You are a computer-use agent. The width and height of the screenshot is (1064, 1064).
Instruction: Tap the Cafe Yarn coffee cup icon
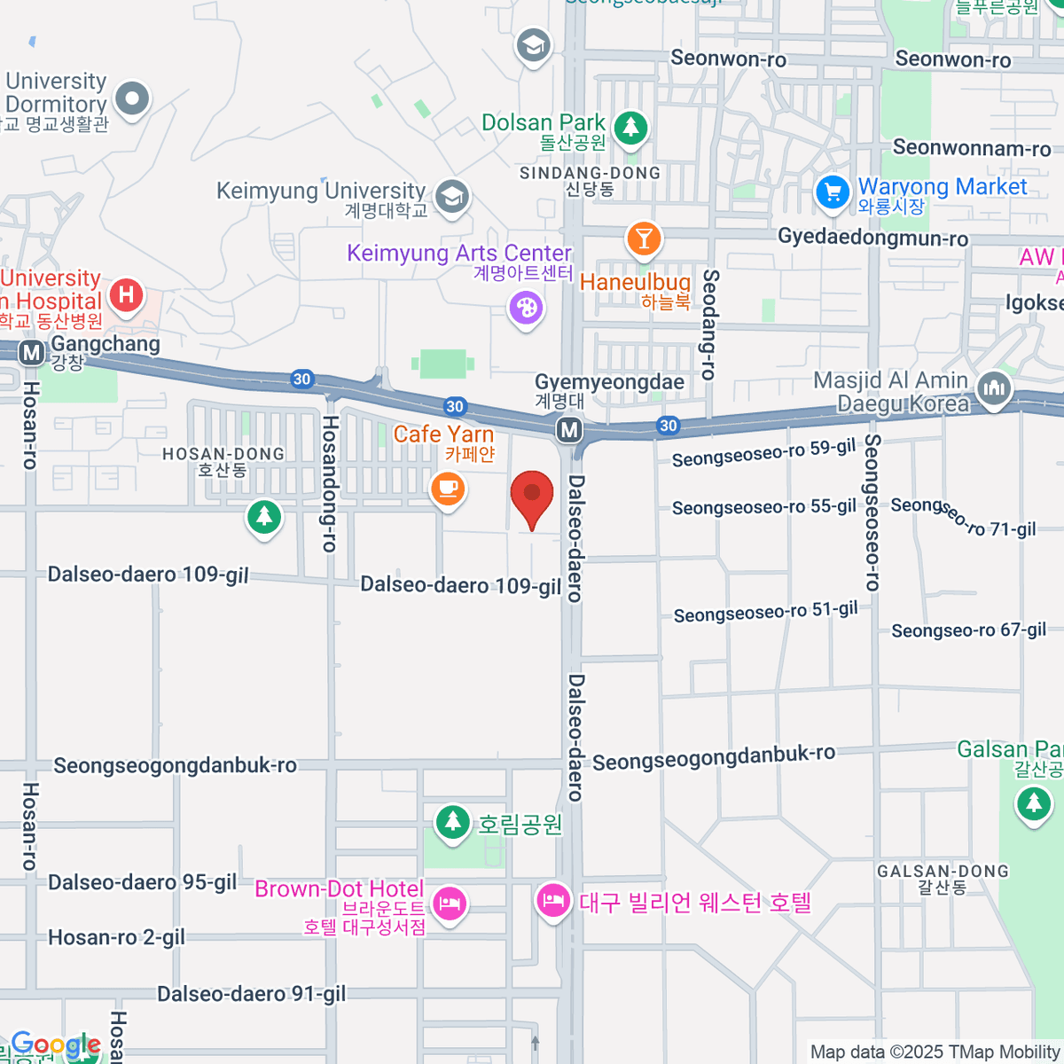[448, 489]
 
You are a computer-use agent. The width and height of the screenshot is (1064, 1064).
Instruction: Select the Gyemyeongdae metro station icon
[569, 431]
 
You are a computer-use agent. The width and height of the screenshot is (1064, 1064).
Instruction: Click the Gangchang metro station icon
[32, 353]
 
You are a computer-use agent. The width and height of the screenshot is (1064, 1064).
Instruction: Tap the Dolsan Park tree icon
[630, 128]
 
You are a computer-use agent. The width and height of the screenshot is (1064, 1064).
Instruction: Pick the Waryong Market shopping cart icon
[833, 192]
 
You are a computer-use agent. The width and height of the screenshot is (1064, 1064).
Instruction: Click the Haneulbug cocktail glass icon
[644, 239]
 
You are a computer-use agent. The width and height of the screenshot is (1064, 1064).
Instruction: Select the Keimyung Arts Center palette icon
[526, 309]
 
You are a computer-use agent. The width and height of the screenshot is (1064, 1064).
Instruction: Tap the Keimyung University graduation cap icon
[453, 196]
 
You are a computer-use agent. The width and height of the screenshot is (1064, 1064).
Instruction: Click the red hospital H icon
[126, 294]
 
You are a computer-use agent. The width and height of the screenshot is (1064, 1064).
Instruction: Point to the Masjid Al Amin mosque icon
[994, 388]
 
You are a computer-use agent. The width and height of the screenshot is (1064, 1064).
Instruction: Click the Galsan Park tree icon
[1033, 803]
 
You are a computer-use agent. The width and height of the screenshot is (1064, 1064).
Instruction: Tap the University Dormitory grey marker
[133, 99]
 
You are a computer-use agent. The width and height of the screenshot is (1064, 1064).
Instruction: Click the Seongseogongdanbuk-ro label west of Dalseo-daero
[176, 766]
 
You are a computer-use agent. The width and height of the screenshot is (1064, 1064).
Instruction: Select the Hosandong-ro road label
[329, 483]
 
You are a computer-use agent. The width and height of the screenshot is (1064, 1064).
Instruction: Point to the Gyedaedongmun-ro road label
[872, 239]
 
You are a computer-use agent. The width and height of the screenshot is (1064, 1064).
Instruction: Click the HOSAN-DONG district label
[223, 460]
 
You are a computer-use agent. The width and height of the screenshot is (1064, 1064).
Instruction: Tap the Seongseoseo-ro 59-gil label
[763, 453]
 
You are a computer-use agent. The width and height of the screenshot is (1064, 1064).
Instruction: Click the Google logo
[55, 1045]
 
